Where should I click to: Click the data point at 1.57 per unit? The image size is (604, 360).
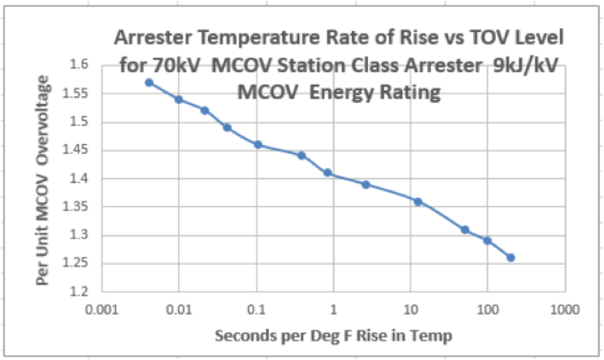pos(149,82)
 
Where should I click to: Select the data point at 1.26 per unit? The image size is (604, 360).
pos(510,258)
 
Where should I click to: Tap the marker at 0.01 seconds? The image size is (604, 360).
pos(179,99)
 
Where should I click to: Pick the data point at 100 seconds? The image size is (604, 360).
pos(487,241)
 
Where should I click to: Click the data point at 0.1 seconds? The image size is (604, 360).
pos(258,145)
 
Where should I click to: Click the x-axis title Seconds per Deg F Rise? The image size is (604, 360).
pos(333,335)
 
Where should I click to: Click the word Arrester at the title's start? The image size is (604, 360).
pos(154,37)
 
